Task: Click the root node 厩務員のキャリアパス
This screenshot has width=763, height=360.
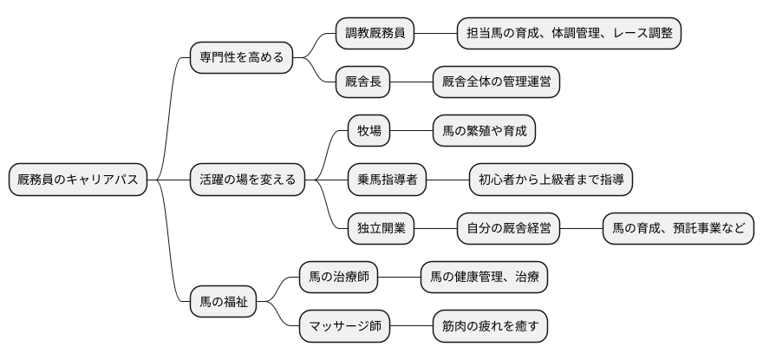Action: tap(77, 180)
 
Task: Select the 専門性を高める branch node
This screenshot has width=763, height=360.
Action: tap(241, 58)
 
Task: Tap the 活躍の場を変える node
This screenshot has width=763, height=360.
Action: tap(247, 180)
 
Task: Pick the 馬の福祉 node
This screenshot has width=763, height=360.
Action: tap(224, 302)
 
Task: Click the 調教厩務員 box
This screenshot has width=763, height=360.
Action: tap(375, 34)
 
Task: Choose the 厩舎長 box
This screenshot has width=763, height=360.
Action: tap(362, 82)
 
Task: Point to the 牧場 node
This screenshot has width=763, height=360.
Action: tap(368, 131)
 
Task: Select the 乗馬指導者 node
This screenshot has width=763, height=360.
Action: tap(387, 180)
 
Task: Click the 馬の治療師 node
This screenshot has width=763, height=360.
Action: tap(338, 278)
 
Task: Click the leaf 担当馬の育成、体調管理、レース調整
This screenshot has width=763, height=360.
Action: tap(569, 34)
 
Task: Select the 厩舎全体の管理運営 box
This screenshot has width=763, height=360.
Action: tap(496, 82)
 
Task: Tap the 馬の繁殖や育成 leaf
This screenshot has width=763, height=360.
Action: tap(484, 131)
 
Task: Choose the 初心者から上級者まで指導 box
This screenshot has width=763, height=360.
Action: tap(551, 180)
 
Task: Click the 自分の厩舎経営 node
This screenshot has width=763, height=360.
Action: tap(508, 229)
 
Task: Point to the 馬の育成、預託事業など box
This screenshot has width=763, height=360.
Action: tap(678, 229)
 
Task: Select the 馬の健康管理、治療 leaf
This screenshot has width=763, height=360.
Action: tap(484, 278)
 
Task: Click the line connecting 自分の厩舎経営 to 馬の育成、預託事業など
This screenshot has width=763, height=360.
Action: tap(581, 229)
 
